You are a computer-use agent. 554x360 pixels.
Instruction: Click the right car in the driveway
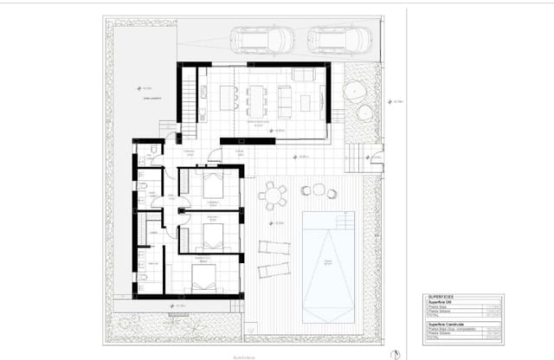coord(340,40)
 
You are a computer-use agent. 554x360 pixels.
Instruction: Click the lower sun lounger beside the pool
coord(274,269)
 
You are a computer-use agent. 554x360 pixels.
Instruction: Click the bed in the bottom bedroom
coord(204,278)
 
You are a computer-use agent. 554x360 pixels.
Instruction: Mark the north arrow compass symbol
coord(396,352)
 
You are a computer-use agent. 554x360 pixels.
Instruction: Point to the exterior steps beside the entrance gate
coord(355,158)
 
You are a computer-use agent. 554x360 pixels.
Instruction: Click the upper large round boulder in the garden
coord(355,90)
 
